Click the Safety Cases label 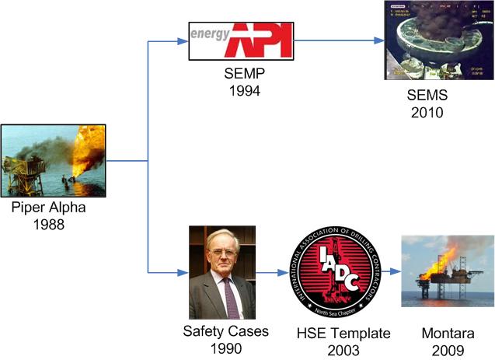225,332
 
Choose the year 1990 225,348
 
